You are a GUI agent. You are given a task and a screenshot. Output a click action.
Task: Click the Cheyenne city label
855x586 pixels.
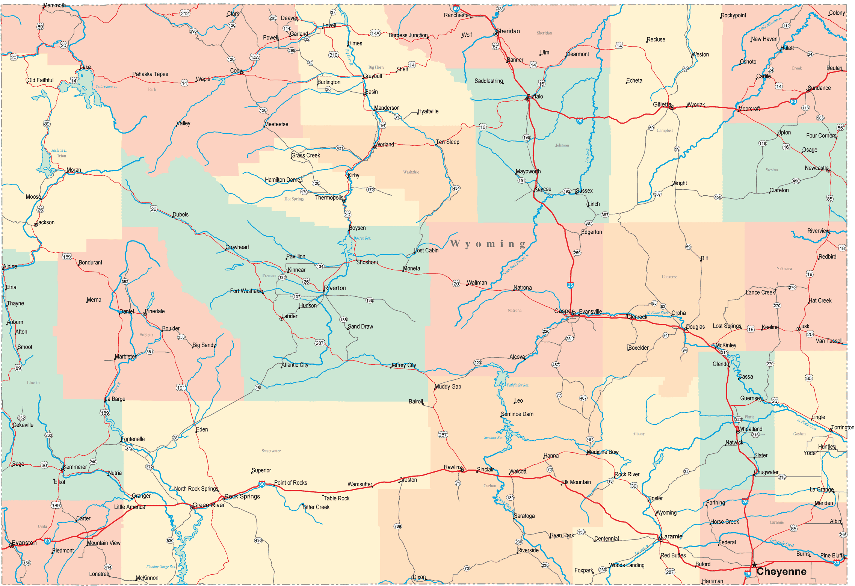(781, 571)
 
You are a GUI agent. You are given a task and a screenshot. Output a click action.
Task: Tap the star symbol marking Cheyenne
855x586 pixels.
(754, 565)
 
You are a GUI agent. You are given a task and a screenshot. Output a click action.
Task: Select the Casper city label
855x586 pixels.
(563, 311)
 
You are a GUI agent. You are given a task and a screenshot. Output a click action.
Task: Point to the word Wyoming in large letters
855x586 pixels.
(488, 244)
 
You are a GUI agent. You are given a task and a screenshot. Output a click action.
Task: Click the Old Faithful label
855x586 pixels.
(41, 80)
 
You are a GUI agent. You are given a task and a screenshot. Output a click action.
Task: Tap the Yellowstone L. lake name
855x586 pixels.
(106, 86)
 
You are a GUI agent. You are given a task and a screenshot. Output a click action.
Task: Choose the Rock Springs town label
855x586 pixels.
(242, 496)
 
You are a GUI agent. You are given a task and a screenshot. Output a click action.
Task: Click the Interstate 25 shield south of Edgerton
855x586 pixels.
(570, 285)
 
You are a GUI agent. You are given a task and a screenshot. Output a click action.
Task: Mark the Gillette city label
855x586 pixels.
(662, 104)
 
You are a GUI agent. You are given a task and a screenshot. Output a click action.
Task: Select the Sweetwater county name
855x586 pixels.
(271, 451)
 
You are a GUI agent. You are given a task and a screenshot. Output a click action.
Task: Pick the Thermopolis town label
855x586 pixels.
(329, 198)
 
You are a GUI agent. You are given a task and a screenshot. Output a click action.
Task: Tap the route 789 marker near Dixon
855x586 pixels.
(397, 526)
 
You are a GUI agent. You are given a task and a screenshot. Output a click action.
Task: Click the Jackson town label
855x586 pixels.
(46, 222)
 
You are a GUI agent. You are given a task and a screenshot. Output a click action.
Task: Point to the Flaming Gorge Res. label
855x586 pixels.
(161, 566)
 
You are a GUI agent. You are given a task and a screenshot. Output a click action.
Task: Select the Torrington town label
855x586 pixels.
(843, 427)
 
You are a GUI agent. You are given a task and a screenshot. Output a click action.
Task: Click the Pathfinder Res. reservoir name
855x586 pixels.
(518, 385)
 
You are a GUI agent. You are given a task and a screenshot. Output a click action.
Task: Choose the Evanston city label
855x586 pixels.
(24, 542)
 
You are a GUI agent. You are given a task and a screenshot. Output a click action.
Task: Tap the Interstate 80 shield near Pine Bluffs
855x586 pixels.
(836, 562)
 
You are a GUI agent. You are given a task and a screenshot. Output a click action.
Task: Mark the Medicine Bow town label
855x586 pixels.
(603, 452)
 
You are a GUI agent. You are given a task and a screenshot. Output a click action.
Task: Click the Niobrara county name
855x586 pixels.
(784, 269)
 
